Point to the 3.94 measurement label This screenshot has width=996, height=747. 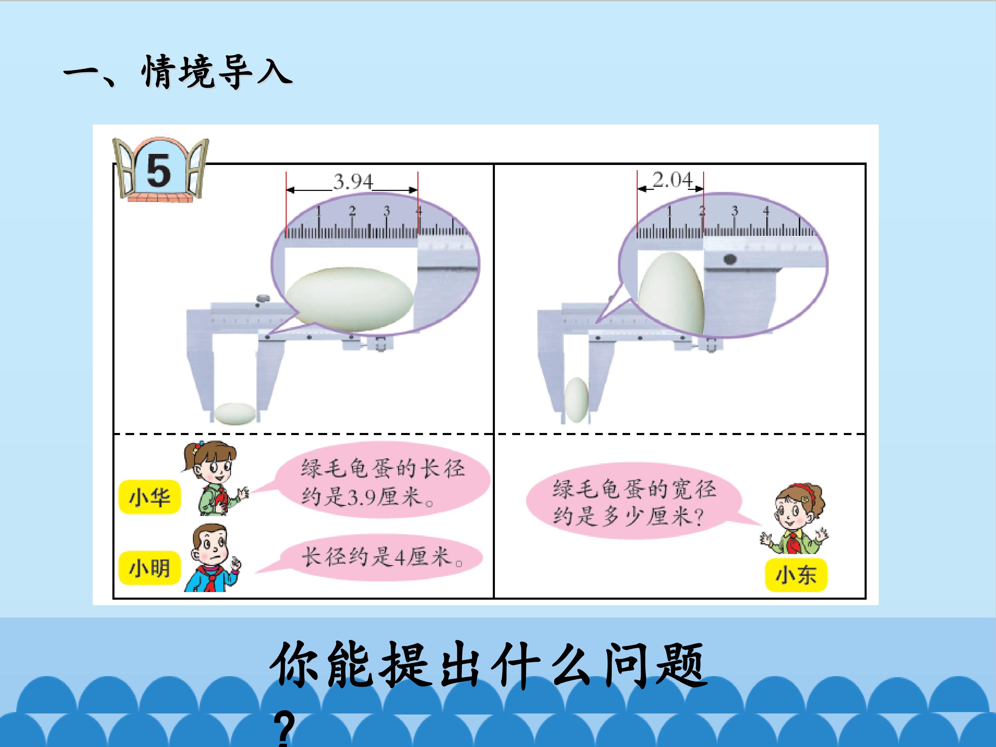353,182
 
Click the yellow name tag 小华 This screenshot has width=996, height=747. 149,497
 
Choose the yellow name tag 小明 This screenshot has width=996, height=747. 149,568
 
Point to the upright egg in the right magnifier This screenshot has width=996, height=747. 671,294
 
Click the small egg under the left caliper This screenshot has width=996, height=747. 234,413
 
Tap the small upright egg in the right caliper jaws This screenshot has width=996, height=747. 577,400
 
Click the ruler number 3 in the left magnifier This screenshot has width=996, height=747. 386,211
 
